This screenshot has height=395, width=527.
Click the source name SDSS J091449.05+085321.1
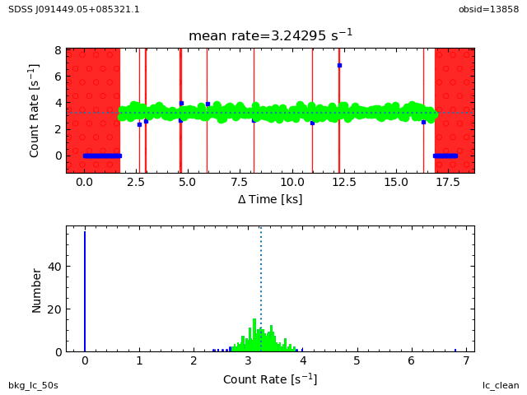click(x=74, y=9)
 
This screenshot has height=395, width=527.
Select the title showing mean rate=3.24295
click(x=270, y=35)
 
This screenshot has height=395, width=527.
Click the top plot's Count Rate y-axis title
click(x=35, y=110)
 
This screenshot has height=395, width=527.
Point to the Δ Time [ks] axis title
click(x=270, y=199)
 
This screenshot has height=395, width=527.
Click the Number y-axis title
click(x=37, y=289)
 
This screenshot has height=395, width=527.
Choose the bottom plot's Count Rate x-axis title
click(x=270, y=379)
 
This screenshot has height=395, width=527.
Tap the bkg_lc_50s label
click(x=33, y=385)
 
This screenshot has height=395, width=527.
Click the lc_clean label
click(x=501, y=385)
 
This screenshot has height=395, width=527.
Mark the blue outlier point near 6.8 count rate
click(x=339, y=65)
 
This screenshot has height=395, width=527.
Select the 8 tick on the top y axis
click(x=58, y=50)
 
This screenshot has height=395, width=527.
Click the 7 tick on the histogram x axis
click(x=466, y=361)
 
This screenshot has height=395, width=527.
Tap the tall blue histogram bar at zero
click(x=85, y=292)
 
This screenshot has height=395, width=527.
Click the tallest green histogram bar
click(x=254, y=335)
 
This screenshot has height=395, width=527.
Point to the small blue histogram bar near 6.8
click(x=455, y=350)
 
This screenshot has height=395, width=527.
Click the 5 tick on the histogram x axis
click(x=357, y=361)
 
